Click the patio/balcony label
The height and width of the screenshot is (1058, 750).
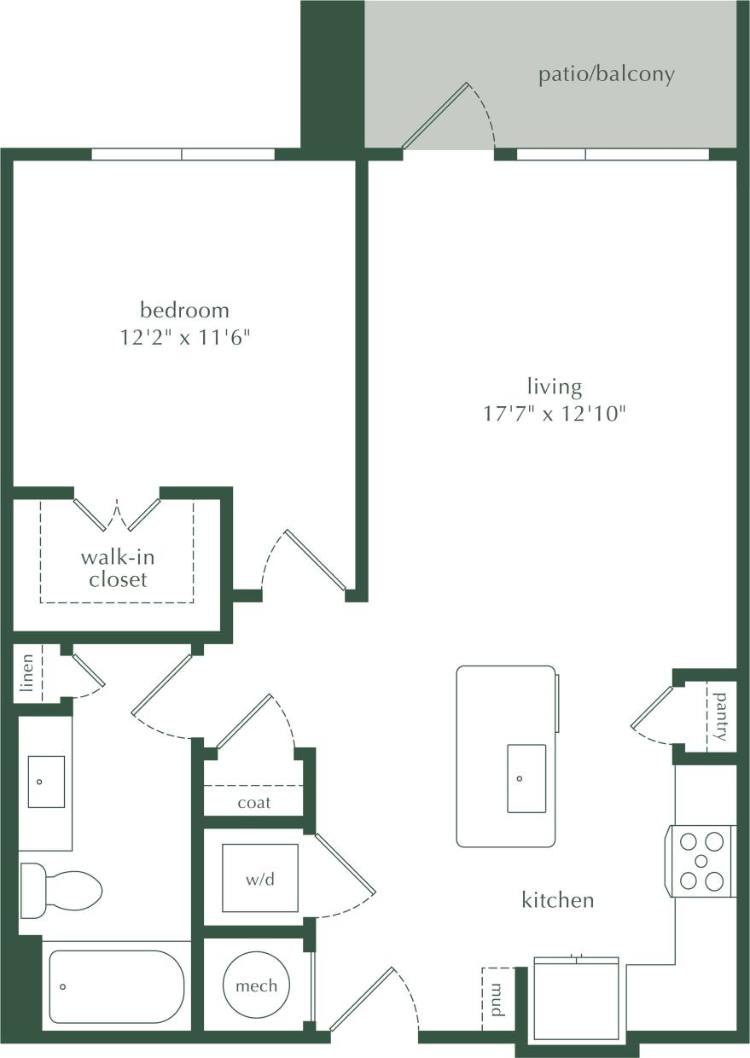(x=606, y=74)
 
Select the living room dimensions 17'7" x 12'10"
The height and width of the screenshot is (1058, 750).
(x=555, y=415)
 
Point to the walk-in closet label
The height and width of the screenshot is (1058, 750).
(x=118, y=568)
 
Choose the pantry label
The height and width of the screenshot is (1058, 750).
(x=722, y=716)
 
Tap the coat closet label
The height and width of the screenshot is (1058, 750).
(x=254, y=802)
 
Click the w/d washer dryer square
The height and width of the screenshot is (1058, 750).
(x=260, y=879)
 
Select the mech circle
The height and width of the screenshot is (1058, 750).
(x=256, y=985)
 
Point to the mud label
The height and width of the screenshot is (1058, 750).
(x=497, y=1000)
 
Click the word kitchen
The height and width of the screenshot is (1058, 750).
(x=558, y=899)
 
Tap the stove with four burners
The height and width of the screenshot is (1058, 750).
(x=702, y=861)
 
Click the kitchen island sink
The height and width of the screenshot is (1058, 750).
(x=526, y=778)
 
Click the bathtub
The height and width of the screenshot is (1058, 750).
(x=115, y=986)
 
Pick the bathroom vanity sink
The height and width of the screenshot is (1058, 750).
(x=46, y=781)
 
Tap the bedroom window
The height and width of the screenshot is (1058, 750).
(x=183, y=154)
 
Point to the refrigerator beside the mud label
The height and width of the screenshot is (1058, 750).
(x=576, y=998)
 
